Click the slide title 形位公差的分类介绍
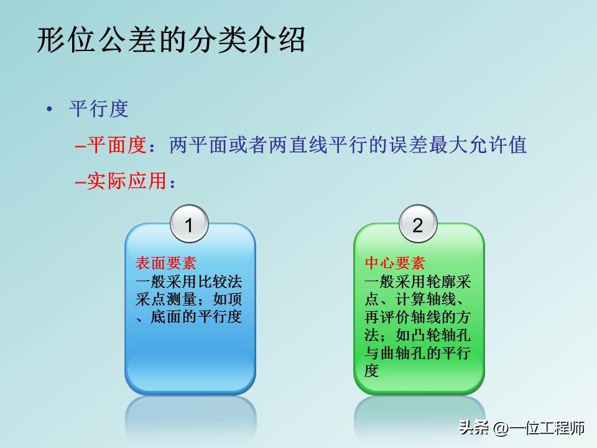(171, 41)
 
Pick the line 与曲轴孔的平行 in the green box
(417, 353)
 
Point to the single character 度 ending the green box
(371, 371)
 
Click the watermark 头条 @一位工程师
(522, 428)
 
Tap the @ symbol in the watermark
(501, 428)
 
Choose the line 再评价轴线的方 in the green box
(417, 317)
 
